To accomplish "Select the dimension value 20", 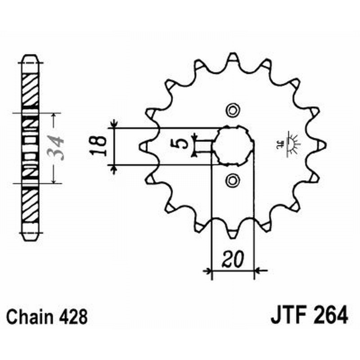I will [233, 260].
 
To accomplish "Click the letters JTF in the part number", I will [288, 315].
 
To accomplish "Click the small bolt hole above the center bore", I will [232, 110].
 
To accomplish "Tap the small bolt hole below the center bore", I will [232, 181].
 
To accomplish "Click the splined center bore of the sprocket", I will [233, 145].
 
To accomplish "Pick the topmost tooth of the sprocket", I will [232, 58].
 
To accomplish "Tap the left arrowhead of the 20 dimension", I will [207, 271].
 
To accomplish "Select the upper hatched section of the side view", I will [31, 90].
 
